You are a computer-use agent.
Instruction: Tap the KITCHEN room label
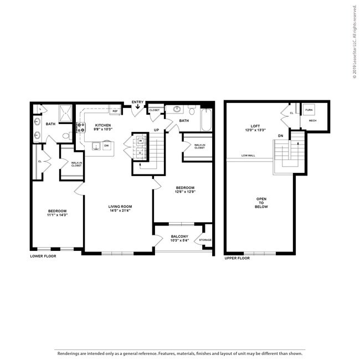tap(102, 125)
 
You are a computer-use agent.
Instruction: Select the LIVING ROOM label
tap(120, 207)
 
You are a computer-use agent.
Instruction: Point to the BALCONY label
tap(179, 236)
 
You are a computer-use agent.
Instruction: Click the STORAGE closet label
tap(205, 240)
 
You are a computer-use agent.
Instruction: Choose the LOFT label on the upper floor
tap(255, 126)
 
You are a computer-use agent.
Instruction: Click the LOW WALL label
tap(248, 156)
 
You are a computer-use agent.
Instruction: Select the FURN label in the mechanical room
tap(309, 110)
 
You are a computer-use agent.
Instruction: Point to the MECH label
tap(312, 120)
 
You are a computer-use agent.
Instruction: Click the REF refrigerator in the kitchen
tap(115, 111)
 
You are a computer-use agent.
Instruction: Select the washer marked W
tap(141, 141)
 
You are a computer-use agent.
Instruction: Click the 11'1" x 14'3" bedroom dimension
tap(58, 215)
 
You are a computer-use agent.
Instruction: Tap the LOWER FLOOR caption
tap(44, 256)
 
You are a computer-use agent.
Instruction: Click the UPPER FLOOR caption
tap(237, 258)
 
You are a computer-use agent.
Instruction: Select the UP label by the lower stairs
tap(157, 130)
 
